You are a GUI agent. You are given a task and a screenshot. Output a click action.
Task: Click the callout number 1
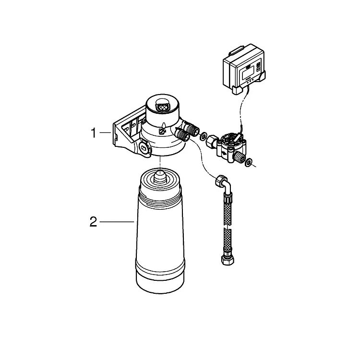coord(94,133)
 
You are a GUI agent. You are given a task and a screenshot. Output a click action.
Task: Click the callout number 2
coord(93,222)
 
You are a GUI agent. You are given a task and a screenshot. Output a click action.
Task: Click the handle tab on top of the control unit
coord(237,51)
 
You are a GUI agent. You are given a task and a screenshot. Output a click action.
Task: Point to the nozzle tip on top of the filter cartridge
coord(160,175)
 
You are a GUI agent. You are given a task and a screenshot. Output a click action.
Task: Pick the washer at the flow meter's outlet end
coord(248,162)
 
